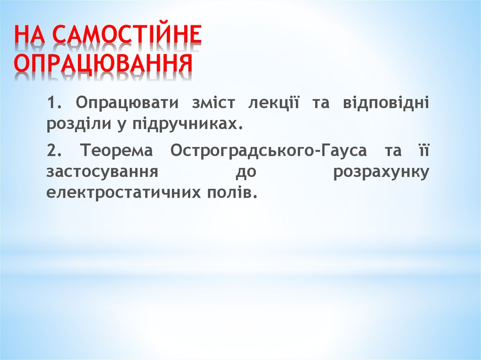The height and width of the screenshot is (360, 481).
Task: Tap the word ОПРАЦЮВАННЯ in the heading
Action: [x=103, y=64]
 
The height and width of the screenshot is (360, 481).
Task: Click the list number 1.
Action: [x=52, y=103]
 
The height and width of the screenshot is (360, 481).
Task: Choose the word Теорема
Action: [x=117, y=152]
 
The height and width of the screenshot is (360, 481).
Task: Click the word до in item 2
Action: [x=245, y=172]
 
